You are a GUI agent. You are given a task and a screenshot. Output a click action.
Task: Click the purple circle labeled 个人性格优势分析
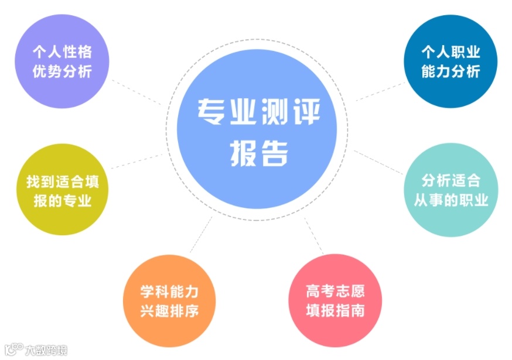point(62,63)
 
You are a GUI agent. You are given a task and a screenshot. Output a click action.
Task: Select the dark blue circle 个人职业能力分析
point(450,62)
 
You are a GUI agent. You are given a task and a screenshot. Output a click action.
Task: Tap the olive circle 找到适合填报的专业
point(63,191)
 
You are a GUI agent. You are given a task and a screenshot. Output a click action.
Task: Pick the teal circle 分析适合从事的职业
point(450,191)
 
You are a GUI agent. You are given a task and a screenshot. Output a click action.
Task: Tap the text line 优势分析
point(62,73)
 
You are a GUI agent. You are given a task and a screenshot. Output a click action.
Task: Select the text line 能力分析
point(450,72)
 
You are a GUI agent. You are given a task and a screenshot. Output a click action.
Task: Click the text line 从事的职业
point(450,201)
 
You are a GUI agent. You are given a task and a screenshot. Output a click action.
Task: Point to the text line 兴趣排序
point(169,311)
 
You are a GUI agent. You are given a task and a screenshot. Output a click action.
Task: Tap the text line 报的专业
point(63,201)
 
